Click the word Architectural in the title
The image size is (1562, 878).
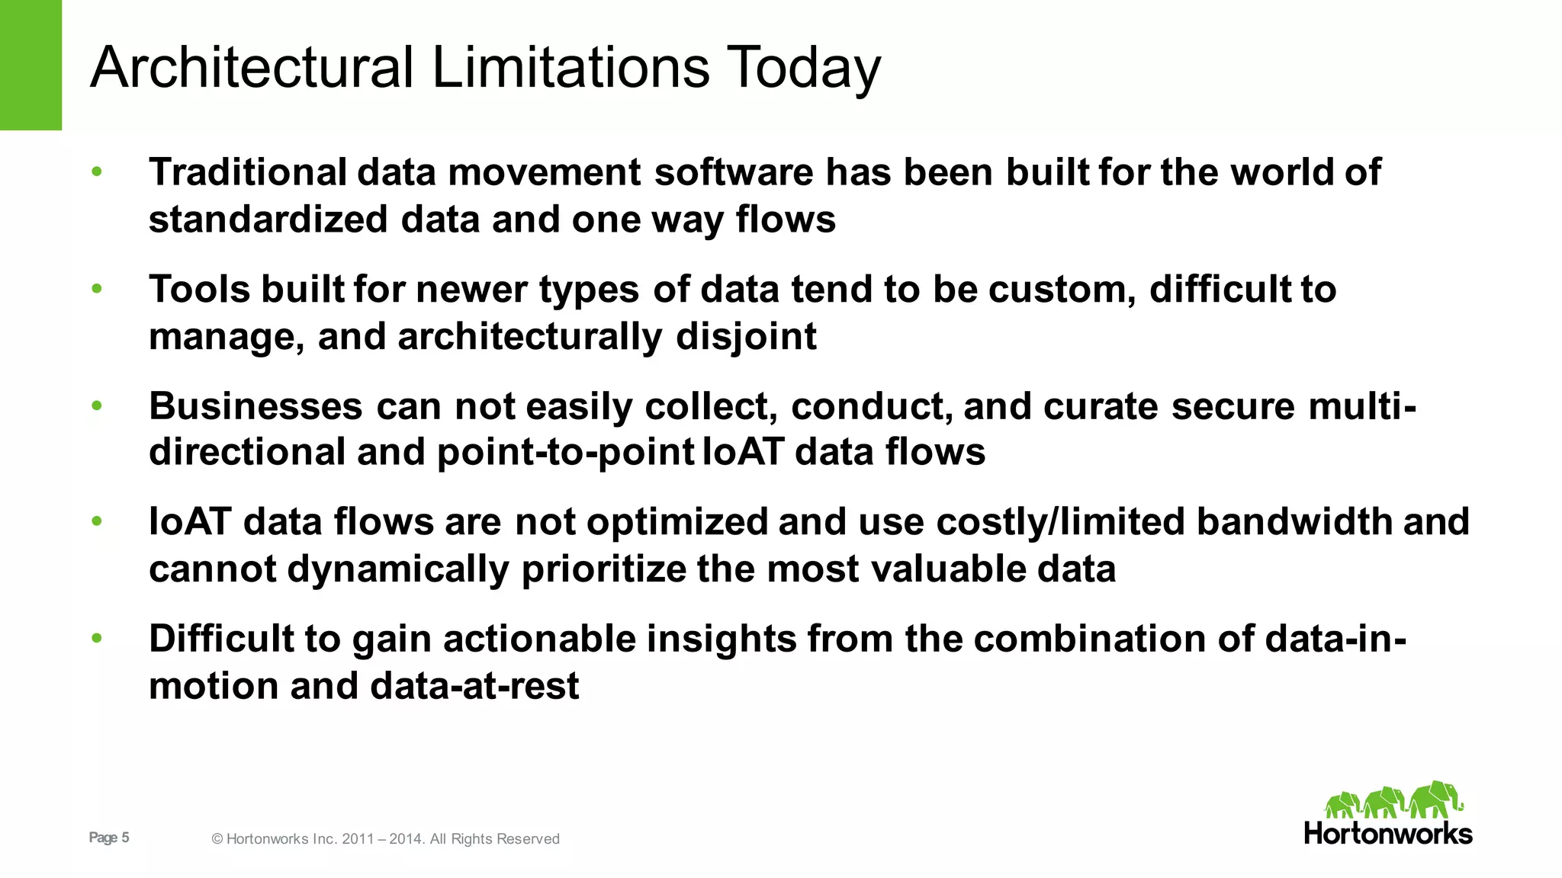[x=252, y=67]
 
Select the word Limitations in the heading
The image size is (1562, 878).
[x=570, y=67]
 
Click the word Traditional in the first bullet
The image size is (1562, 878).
[x=248, y=171]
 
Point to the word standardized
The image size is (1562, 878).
[x=268, y=219]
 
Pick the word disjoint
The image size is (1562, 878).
[x=746, y=338]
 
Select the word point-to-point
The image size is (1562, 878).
[x=564, y=453]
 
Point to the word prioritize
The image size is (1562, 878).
[x=603, y=570]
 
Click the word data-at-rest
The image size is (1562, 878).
[x=474, y=686]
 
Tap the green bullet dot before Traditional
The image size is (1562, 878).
[x=97, y=171]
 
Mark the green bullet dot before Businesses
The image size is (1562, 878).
[x=97, y=405]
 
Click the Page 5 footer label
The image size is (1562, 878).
[x=109, y=838]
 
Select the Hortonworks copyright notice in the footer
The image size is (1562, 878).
[x=385, y=839]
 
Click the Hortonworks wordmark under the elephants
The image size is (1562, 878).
[x=1388, y=833]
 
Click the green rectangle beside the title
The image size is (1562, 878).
[x=31, y=65]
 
